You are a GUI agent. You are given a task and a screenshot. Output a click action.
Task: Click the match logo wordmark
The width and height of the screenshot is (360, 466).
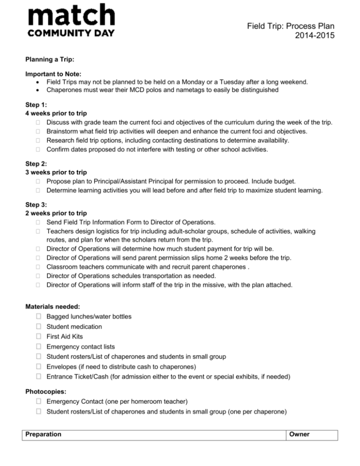click(x=71, y=15)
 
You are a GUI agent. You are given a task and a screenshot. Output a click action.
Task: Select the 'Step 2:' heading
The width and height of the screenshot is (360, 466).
click(x=36, y=165)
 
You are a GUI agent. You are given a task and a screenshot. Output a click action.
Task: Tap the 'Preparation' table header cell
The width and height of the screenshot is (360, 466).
click(x=44, y=434)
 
